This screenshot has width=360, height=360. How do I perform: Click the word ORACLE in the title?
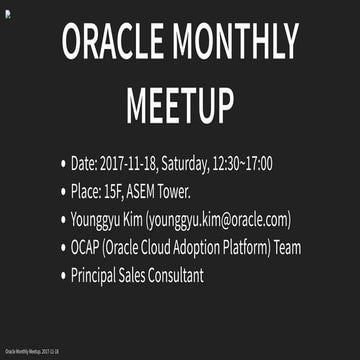coord(113,43)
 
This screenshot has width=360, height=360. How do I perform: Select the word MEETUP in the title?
coord(180,104)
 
